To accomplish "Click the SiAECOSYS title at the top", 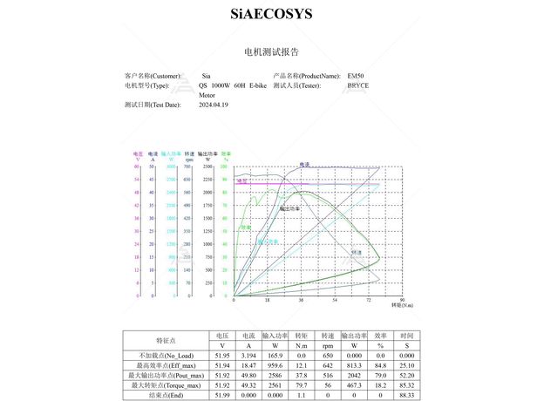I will tap(271, 14).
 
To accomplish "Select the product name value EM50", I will tap(356, 76).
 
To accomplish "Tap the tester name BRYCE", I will tap(357, 85).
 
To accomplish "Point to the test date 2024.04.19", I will tap(214, 105).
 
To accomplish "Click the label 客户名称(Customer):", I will tap(153, 76).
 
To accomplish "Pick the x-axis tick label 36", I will tap(301, 300).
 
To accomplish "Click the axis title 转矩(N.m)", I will tap(402, 305).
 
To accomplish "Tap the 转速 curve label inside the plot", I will tap(357, 251).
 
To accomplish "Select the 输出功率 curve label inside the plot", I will tap(290, 209).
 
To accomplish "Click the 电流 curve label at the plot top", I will tap(304, 164).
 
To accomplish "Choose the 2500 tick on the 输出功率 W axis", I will tap(207, 166).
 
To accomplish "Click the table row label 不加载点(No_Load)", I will tap(167, 356).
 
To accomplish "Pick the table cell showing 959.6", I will tap(275, 365).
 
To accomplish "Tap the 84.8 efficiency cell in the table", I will tap(381, 365).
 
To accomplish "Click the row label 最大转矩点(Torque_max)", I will tap(167, 384).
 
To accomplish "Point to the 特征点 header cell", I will tap(167, 340).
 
